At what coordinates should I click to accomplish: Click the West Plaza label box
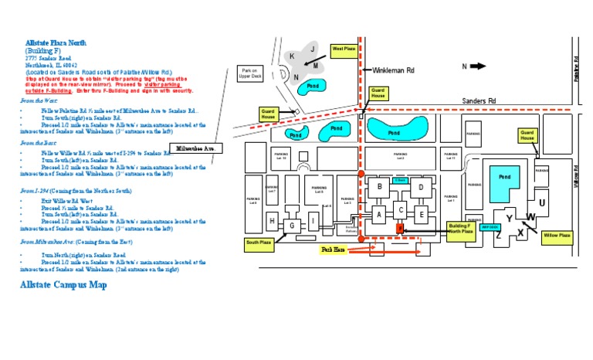click(344, 50)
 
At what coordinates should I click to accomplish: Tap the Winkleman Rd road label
click(394, 70)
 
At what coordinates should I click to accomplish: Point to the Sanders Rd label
click(479, 100)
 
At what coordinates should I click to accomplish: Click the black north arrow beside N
click(479, 66)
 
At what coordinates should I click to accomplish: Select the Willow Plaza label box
click(556, 236)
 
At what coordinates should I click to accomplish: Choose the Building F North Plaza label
click(460, 229)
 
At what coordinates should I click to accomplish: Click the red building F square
click(399, 229)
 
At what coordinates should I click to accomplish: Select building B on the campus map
click(379, 187)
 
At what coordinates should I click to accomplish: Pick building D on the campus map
click(421, 187)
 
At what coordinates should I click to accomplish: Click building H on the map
click(272, 222)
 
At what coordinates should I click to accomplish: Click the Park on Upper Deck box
click(251, 73)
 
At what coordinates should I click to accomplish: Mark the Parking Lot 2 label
click(400, 155)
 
